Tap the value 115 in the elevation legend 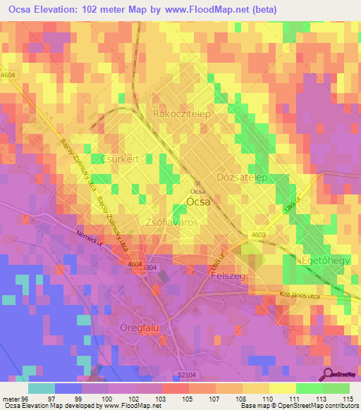[347, 398]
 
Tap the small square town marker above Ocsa [197, 185]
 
